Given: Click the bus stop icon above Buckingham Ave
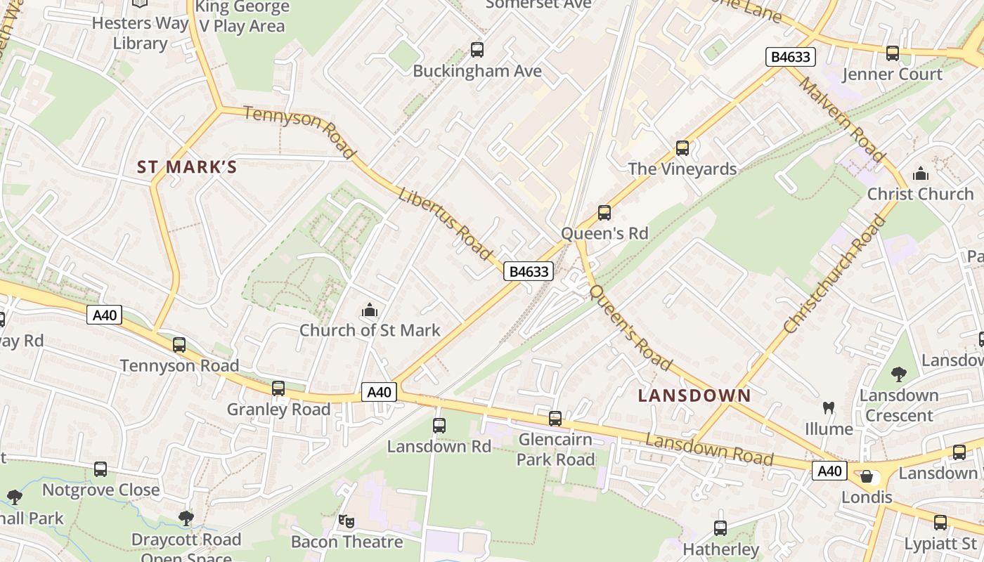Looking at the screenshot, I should (477, 50).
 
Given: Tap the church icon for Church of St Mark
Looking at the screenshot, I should (369, 310).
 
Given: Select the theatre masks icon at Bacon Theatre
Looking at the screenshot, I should (346, 521).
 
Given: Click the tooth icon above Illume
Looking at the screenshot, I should (829, 407).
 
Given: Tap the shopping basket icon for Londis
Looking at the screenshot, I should (867, 476).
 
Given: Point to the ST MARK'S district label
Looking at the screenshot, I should (187, 167).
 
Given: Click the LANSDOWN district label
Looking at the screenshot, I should (694, 396).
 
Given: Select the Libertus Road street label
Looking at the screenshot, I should (445, 223).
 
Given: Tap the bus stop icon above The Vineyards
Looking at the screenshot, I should (682, 148).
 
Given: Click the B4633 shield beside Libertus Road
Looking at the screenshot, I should (529, 271).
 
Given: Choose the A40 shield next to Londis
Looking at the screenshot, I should (829, 470).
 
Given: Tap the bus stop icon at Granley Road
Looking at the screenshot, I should (278, 388).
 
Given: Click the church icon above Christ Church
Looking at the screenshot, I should (920, 174).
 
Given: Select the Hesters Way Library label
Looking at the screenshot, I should (141, 33).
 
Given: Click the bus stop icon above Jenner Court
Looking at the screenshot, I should (892, 53).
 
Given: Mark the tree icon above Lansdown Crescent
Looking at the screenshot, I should (898, 374).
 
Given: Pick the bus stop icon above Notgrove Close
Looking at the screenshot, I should (101, 469).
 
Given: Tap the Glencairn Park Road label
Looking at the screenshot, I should (555, 450).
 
